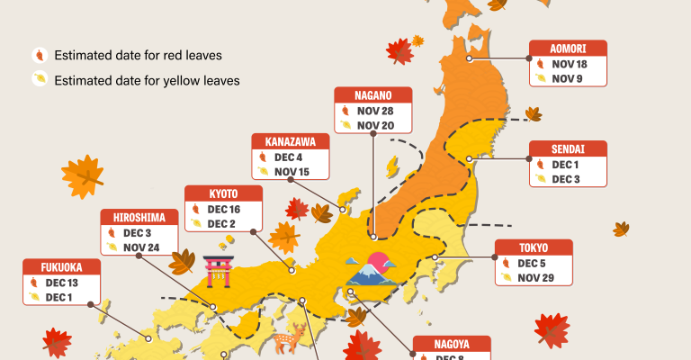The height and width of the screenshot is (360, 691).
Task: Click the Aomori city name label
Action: click(x=567, y=49)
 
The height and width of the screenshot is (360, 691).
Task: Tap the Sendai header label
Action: click(x=567, y=148)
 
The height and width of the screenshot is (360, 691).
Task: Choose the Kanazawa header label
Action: click(x=290, y=141)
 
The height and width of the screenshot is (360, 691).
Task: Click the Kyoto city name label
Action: click(x=223, y=193)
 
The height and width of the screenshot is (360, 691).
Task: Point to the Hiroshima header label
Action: click(x=138, y=217)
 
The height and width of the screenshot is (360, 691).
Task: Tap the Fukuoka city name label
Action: click(x=61, y=267)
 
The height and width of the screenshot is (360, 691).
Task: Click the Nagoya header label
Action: click(x=451, y=344)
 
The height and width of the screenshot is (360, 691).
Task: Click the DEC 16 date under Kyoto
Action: click(x=224, y=209)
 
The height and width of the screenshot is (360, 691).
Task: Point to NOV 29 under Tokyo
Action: click(x=535, y=277)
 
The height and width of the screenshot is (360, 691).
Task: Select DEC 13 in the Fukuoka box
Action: click(x=62, y=283)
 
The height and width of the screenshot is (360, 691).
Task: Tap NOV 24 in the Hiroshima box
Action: click(x=141, y=247)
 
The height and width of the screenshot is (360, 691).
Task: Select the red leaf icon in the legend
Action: click(x=38, y=55)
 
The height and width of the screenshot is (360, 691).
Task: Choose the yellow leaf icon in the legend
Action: click(x=38, y=79)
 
